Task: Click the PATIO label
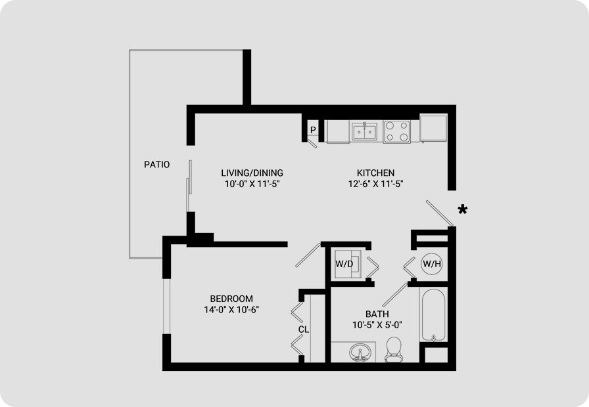coord(156,164)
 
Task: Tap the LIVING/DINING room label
coord(252,173)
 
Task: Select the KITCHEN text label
coord(375,173)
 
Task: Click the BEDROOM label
coord(231,299)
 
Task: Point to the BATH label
coord(377,314)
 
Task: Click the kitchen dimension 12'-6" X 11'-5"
coord(375,184)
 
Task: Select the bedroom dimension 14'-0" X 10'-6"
coord(232,309)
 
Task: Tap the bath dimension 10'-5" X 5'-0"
coord(377,325)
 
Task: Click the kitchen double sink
coord(364,131)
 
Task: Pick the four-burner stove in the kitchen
coord(396,131)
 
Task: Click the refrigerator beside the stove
coord(433,128)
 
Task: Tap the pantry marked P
coord(313,130)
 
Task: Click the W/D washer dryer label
coord(344,264)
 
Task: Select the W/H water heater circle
coord(432,264)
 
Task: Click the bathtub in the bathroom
coord(433,314)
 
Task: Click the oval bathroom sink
coord(360,353)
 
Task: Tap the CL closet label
coord(304,330)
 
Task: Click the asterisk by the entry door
coord(463,209)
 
